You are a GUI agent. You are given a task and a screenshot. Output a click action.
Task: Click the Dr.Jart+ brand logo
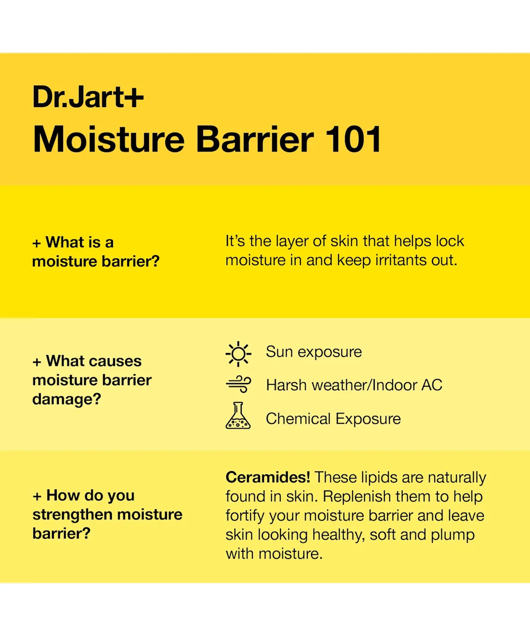(88, 96)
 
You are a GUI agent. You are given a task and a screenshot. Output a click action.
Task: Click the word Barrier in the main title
(255, 139)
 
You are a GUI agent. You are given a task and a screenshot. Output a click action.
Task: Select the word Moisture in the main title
(109, 139)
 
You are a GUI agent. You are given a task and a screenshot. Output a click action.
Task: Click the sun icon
(238, 354)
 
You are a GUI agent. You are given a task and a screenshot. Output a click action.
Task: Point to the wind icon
(238, 384)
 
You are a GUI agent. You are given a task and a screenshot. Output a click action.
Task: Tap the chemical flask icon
(238, 416)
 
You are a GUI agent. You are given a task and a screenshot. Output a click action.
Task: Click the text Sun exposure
(314, 352)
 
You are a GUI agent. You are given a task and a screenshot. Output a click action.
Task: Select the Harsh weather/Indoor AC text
(354, 385)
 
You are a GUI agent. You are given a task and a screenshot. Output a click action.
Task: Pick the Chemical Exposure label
(333, 419)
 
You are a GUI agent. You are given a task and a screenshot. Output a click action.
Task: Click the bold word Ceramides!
(268, 477)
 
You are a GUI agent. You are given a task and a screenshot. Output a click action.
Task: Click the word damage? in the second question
(66, 399)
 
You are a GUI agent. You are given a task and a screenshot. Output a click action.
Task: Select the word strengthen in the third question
(73, 515)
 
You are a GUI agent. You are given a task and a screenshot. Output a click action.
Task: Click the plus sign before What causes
(37, 362)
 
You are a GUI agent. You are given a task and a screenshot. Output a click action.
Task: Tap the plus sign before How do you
(37, 496)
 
